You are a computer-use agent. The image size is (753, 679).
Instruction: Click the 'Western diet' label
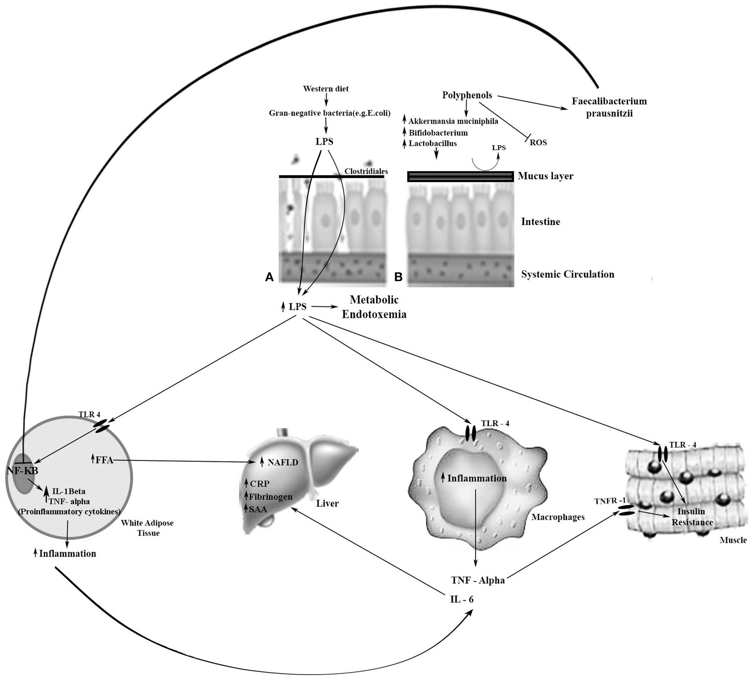[x=326, y=89]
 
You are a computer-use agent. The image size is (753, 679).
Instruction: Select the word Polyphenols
[x=467, y=95]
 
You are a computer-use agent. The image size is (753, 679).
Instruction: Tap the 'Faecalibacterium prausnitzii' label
[x=609, y=107]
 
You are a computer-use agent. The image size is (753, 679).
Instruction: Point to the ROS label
[x=538, y=142]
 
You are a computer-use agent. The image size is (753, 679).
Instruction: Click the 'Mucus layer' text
[x=545, y=176]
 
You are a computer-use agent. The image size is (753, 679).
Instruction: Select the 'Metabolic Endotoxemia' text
[x=374, y=307]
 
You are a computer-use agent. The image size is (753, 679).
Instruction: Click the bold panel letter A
[x=269, y=277]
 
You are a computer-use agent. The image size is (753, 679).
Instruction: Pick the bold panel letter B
[x=398, y=277]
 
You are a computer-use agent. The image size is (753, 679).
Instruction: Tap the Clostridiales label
[x=366, y=172]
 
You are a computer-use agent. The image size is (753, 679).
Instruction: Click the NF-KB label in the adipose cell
[x=22, y=470]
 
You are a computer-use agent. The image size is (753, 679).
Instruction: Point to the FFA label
[x=104, y=460]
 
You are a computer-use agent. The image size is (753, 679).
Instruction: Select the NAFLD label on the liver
[x=282, y=462]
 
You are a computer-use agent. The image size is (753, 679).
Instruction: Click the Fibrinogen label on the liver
[x=270, y=497]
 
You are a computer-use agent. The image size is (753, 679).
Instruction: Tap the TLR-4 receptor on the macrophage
[x=470, y=433]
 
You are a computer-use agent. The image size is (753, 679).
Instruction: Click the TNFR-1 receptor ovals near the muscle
[x=627, y=510]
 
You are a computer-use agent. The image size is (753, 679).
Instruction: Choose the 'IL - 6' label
[x=462, y=599]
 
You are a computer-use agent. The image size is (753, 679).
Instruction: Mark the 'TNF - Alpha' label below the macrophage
[x=478, y=580]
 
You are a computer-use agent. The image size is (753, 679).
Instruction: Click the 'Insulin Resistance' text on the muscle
[x=692, y=516]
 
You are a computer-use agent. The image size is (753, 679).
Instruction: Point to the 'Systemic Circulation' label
[x=567, y=274]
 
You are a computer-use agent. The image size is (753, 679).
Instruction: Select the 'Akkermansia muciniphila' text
[x=453, y=121]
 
